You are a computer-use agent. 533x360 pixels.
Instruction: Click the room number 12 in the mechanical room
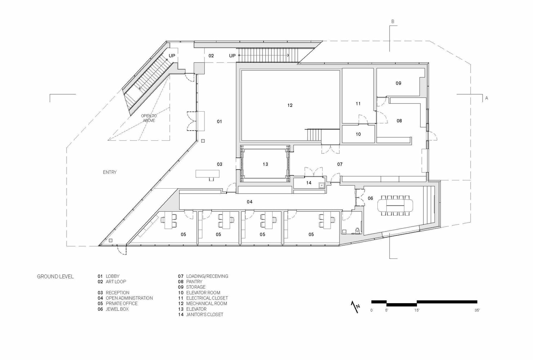tap(290, 105)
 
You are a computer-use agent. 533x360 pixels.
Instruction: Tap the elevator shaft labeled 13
tap(265, 164)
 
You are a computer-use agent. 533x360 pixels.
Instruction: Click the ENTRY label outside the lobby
tap(110, 172)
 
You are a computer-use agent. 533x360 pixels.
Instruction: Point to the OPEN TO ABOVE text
tap(149, 118)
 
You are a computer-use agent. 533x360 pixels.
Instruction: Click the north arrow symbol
tap(355, 307)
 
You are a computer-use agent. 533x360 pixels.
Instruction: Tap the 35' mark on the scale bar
tap(477, 310)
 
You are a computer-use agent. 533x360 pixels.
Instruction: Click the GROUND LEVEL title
tap(55, 276)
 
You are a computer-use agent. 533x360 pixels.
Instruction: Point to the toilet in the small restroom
tap(357, 230)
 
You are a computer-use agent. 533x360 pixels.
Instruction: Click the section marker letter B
tap(393, 21)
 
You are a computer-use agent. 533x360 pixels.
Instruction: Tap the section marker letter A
tap(487, 98)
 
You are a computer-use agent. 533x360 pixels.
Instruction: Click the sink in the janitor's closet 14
tap(322, 185)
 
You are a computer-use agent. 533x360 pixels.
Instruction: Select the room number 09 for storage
tap(399, 83)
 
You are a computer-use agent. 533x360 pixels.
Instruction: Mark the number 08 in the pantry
tap(399, 121)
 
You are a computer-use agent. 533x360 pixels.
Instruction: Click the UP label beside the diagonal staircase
tap(172, 56)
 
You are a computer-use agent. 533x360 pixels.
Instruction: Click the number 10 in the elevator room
tap(358, 134)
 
